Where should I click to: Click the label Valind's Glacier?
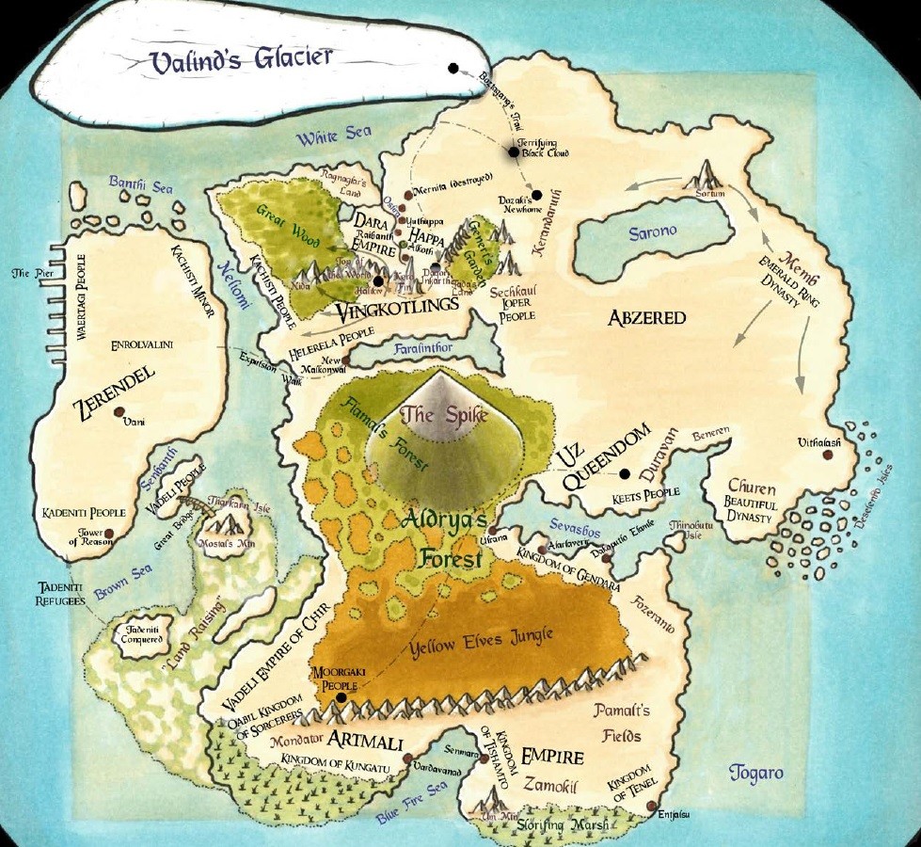(242, 60)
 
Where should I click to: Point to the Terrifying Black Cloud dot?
(514, 151)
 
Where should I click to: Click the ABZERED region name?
(646, 318)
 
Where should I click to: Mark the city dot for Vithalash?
(828, 455)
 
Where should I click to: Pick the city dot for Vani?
(119, 411)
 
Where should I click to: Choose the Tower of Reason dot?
(109, 534)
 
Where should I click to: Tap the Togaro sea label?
(755, 774)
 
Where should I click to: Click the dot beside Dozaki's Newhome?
(536, 195)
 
